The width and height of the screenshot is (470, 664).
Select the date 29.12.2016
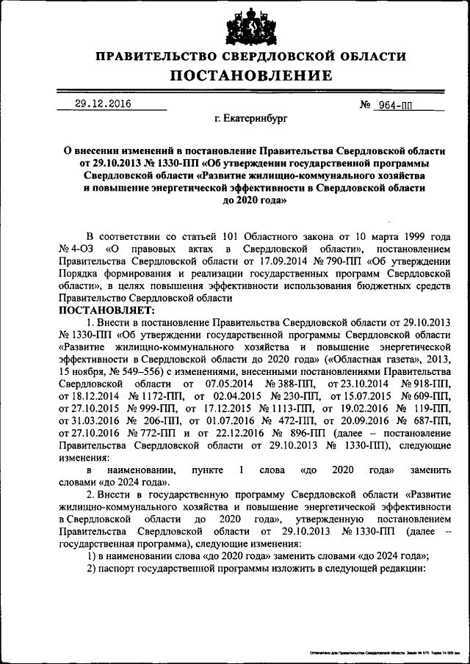tap(104, 104)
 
